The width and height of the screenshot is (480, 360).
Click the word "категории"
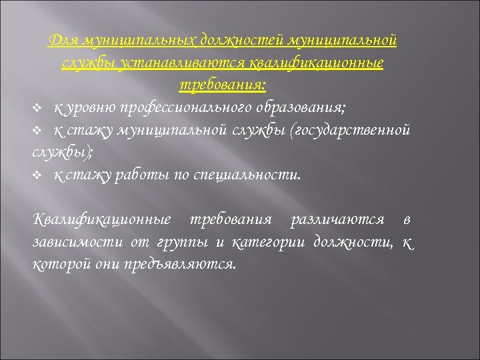click(269, 241)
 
